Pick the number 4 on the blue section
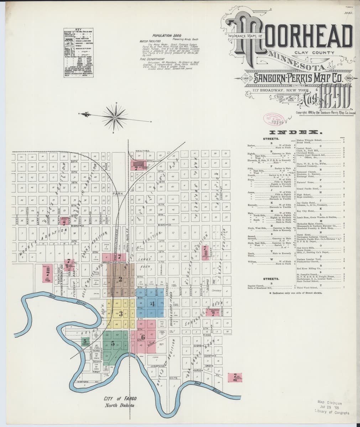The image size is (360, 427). (x=152, y=304)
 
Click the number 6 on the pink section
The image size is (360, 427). (x=143, y=337)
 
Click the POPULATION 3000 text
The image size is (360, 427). (x=167, y=36)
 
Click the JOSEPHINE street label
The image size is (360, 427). (x=159, y=365)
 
